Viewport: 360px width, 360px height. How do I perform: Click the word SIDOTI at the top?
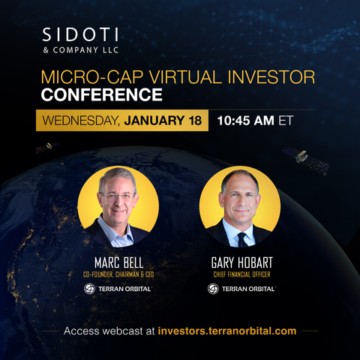tap(75, 36)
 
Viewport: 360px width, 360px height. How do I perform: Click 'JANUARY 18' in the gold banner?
tap(164, 120)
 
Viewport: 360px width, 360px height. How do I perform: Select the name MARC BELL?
tap(118, 264)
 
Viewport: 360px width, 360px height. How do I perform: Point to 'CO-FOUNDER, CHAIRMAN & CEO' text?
tap(118, 274)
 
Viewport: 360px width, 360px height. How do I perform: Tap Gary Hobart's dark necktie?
tap(241, 239)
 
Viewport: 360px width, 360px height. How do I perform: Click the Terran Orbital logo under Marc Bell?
tap(118, 289)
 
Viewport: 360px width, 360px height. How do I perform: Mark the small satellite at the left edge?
tap(46, 148)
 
